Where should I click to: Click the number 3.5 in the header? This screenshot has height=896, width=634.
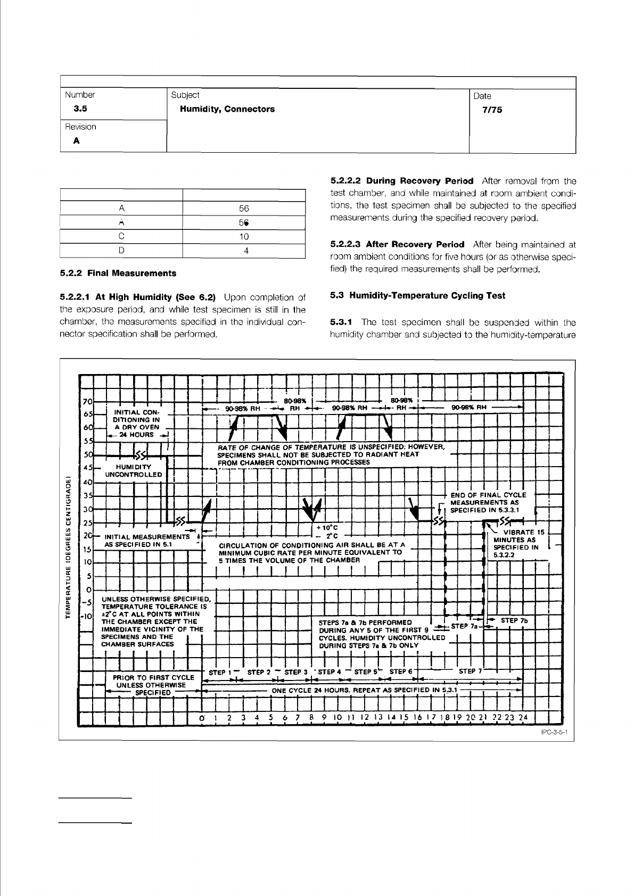(80, 109)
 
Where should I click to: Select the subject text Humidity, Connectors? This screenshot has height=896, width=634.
(227, 109)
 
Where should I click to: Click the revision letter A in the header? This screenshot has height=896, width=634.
(77, 141)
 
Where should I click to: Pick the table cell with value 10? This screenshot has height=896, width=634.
(243, 236)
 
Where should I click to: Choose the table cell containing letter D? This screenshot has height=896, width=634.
(121, 250)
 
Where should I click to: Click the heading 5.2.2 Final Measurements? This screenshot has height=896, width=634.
(118, 273)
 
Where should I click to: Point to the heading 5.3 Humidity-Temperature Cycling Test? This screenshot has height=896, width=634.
(418, 295)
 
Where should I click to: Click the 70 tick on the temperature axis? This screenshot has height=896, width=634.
(88, 401)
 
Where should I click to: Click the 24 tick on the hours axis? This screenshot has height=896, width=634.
(523, 717)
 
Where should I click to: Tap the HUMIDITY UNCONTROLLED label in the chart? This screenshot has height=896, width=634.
(133, 471)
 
